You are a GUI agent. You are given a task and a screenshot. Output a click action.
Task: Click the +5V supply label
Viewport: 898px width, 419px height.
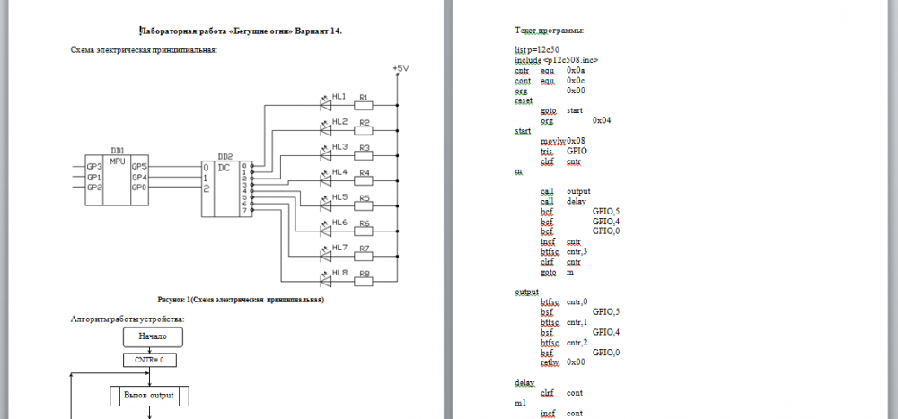point(401,69)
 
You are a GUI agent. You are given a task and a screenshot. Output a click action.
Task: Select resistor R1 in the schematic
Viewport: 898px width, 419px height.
point(365,105)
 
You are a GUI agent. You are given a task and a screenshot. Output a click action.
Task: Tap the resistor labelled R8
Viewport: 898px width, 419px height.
point(365,281)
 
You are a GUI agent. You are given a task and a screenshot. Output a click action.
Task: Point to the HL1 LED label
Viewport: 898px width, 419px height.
point(339,96)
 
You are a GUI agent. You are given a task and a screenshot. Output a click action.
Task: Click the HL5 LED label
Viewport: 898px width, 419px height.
point(339,196)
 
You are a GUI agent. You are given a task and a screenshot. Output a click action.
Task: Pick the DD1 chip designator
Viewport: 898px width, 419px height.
point(117,151)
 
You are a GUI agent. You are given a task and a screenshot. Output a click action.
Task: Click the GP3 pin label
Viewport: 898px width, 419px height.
point(93,166)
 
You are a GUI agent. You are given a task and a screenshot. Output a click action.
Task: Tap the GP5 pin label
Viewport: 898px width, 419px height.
point(139,166)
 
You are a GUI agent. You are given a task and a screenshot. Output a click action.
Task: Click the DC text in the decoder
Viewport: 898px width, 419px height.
point(224,167)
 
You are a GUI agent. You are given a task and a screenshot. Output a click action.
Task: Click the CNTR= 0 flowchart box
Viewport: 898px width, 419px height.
point(150,360)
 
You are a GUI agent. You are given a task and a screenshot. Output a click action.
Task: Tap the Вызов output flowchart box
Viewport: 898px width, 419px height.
point(149,395)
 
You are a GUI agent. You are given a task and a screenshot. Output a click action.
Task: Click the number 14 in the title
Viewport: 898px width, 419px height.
point(336,31)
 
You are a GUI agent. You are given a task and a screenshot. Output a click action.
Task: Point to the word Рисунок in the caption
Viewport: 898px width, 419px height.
point(173,299)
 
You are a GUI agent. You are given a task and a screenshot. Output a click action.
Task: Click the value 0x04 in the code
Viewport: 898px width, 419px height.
point(603,119)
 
